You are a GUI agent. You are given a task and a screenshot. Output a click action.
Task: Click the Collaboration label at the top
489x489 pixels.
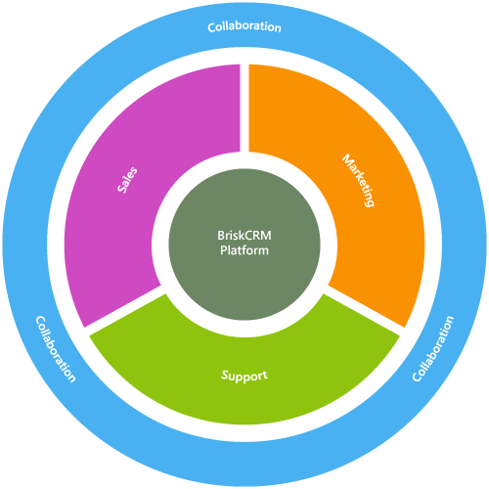tap(244, 27)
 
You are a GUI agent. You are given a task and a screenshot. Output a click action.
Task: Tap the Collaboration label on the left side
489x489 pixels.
tap(56, 349)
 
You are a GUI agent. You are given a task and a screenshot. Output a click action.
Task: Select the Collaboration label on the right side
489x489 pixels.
tap(433, 348)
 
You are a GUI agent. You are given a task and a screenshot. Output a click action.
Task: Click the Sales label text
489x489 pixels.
tap(127, 180)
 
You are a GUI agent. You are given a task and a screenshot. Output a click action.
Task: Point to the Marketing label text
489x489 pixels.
tap(358, 180)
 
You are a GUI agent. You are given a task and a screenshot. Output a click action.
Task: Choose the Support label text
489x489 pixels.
tap(244, 376)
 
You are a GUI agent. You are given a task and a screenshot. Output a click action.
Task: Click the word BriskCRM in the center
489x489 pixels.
tap(244, 235)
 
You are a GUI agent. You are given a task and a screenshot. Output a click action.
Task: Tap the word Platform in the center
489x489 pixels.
tap(244, 250)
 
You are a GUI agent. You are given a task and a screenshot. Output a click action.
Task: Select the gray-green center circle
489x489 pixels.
tap(244, 244)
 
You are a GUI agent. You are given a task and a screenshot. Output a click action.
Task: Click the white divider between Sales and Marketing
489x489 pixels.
tap(244, 108)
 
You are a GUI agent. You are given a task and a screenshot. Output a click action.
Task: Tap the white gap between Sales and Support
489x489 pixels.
tap(125, 310)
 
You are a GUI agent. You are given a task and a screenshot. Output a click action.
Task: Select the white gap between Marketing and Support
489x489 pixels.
tap(364, 310)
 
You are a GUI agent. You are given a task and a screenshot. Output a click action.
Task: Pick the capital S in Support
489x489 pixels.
tap(225, 375)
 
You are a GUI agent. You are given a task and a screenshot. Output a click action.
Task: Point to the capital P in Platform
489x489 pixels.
tap(223, 250)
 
